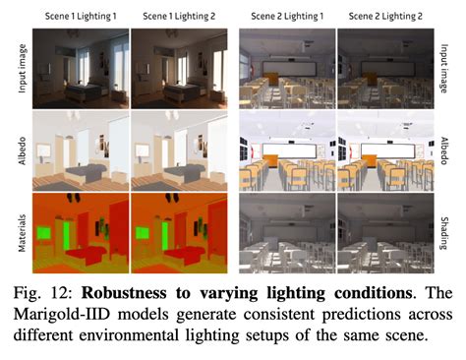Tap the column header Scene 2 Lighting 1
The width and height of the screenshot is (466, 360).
click(x=287, y=18)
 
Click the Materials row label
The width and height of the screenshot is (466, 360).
click(x=20, y=232)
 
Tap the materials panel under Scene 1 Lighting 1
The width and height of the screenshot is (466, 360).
click(x=81, y=232)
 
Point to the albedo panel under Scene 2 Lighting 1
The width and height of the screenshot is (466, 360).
click(x=287, y=150)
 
